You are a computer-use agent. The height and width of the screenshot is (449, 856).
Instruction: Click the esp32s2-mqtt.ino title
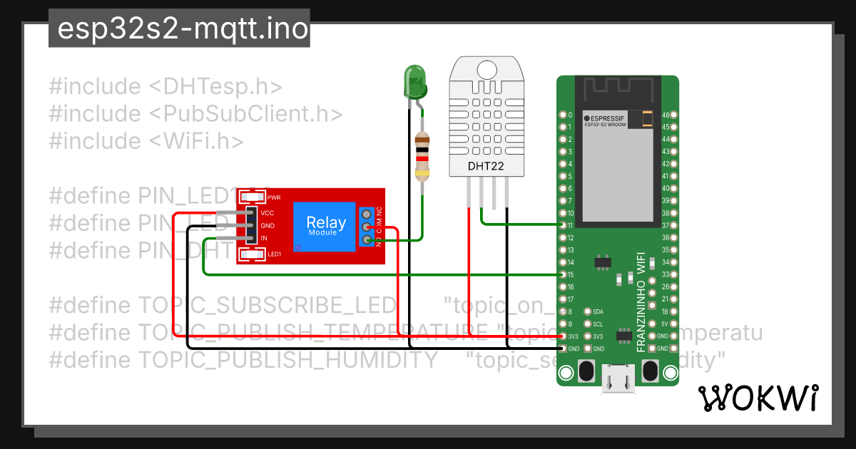coord(179,29)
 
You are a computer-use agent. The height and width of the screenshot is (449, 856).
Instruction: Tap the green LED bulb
coord(414,81)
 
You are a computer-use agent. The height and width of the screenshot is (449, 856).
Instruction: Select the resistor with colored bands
coord(422,156)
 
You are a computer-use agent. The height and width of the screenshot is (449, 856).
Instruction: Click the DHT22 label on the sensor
coord(486,166)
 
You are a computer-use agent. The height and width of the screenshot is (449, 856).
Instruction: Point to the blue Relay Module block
coord(327,225)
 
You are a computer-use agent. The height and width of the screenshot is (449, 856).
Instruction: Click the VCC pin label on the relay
coord(267,213)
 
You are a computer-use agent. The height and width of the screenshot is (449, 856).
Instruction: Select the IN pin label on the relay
coord(264,238)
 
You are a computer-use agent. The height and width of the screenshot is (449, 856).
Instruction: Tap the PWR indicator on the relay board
coord(273,197)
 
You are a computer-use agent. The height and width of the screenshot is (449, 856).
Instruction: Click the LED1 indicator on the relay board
coord(274,254)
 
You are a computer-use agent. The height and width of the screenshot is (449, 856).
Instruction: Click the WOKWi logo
coord(758,398)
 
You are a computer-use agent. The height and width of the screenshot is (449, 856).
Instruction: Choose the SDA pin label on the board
coord(598,311)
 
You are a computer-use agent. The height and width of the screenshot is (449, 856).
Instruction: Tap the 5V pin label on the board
coord(663,324)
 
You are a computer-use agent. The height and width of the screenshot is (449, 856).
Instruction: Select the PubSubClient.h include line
coord(196,113)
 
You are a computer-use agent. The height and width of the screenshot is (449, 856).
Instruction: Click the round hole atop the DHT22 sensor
coord(486,69)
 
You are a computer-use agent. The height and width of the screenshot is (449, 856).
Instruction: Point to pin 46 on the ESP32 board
coord(665,115)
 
